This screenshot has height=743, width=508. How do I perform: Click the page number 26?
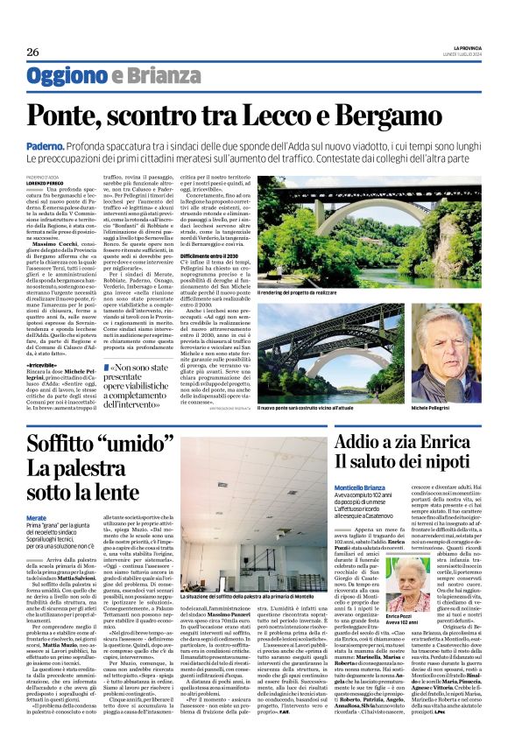pos(32,52)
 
